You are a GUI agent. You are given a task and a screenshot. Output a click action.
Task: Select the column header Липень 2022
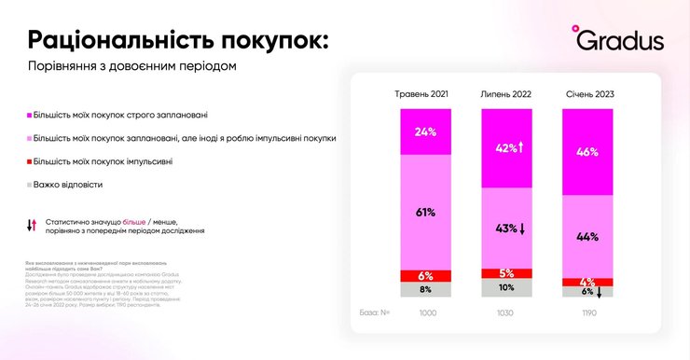point(506,94)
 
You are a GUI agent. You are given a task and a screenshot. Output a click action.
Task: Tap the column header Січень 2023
point(589,94)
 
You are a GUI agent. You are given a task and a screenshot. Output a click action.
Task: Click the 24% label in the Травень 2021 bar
point(426,132)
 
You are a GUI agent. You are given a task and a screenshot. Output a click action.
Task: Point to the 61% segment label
point(426,213)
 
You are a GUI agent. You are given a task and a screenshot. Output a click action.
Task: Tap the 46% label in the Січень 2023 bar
point(588,151)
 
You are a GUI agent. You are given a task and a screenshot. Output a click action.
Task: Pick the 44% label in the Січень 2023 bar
point(588,237)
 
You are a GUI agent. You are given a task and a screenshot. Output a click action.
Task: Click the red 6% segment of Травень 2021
point(426,276)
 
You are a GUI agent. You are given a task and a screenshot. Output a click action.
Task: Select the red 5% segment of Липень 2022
point(506,273)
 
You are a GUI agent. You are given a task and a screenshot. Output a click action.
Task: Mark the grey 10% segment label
point(506,288)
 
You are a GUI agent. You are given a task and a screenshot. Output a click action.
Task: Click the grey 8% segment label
point(426,290)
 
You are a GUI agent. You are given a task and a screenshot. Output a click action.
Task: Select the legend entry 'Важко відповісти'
point(69,185)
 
